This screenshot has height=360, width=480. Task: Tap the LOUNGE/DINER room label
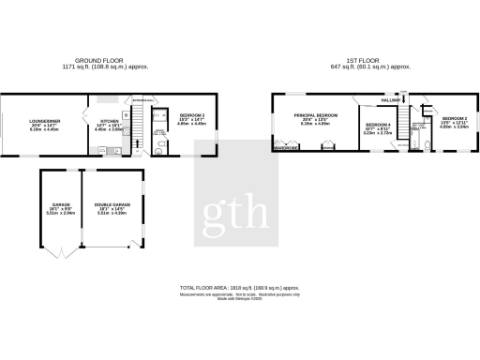[44, 119]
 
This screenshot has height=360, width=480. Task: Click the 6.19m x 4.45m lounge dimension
[44, 130]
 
